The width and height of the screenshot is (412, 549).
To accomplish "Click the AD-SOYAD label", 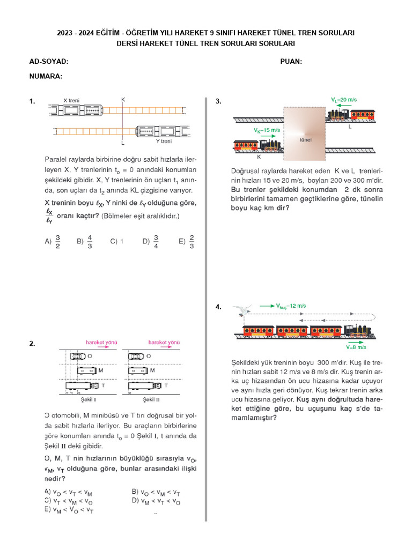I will (x=49, y=62).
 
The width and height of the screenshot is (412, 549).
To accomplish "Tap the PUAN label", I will (x=291, y=62).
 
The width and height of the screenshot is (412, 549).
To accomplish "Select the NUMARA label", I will (x=46, y=76).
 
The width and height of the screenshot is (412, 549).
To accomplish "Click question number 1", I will (x=32, y=101).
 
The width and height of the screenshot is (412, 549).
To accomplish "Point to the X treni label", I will (x=72, y=100).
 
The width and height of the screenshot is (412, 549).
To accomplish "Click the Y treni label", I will (x=164, y=142).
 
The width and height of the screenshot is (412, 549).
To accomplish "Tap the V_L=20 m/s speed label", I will (x=344, y=100).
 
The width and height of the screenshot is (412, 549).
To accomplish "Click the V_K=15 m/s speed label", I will (x=267, y=130).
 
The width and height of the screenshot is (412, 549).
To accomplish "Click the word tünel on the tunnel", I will (x=305, y=140).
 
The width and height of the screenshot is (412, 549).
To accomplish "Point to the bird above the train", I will (x=243, y=311).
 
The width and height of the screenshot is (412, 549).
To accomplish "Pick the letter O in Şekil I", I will (x=89, y=355).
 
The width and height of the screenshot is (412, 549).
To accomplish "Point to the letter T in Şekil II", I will (x=165, y=385).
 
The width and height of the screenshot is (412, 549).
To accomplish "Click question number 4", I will (x=218, y=307).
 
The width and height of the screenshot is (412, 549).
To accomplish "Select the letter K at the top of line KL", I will (x=123, y=100).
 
